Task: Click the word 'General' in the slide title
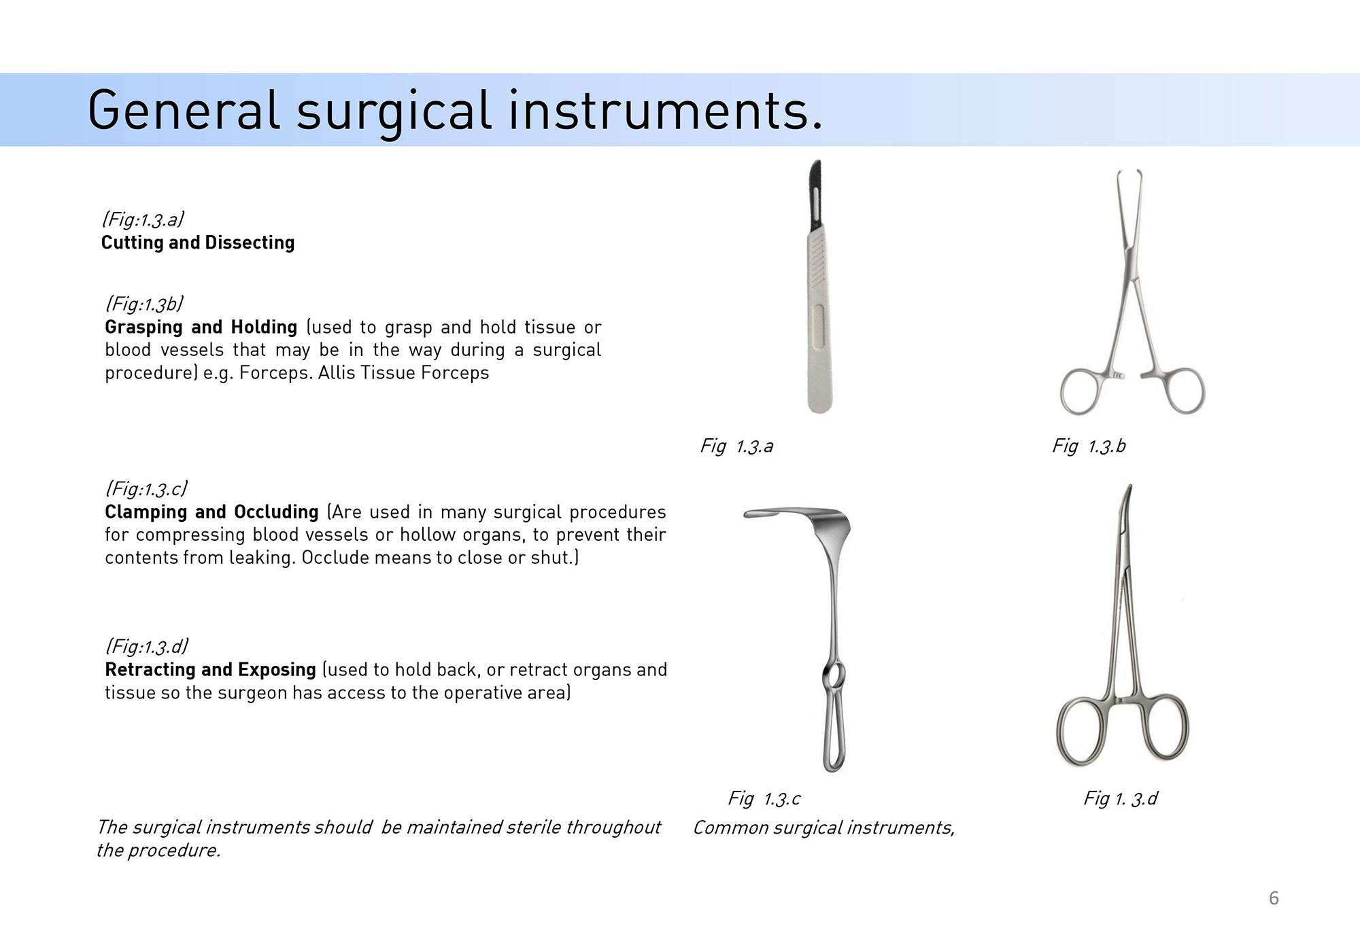(x=184, y=110)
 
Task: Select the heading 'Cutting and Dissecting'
(x=198, y=243)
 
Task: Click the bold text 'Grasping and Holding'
(x=201, y=327)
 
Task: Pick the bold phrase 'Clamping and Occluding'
(x=211, y=512)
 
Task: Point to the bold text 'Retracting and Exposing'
(x=210, y=670)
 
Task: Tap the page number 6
(x=1274, y=898)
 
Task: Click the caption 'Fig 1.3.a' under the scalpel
(x=737, y=446)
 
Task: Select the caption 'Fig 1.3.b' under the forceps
(x=1089, y=446)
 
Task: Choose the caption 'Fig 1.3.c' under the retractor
(x=764, y=798)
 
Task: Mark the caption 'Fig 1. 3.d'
(x=1121, y=798)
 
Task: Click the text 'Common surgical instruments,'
(x=824, y=828)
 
